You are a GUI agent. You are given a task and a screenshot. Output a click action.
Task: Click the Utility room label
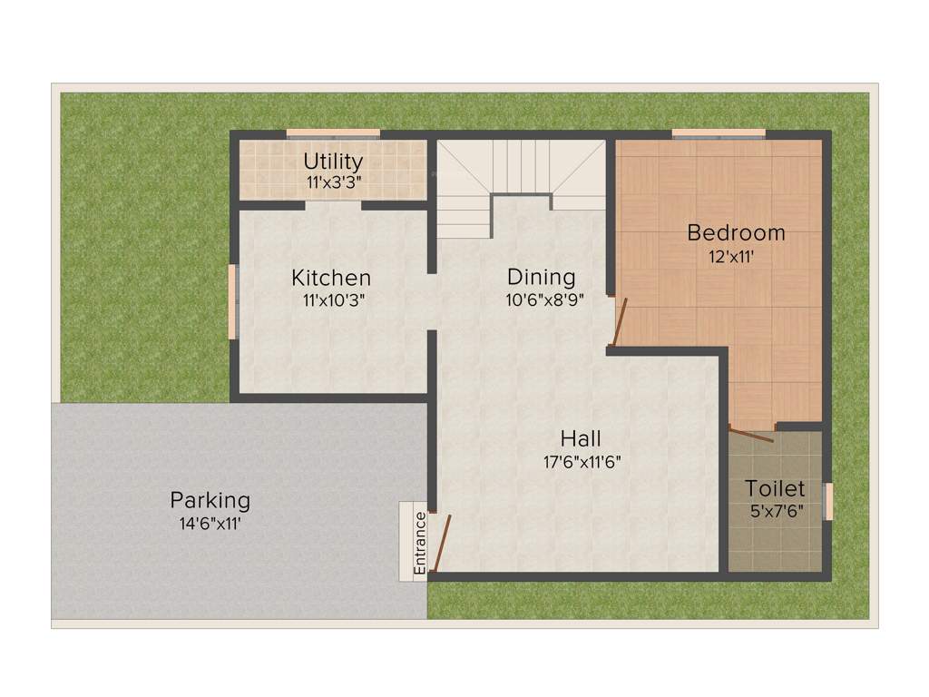tap(333, 162)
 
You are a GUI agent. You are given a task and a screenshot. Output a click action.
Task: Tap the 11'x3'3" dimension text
tap(333, 182)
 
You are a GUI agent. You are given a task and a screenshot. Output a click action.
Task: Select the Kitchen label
tap(330, 278)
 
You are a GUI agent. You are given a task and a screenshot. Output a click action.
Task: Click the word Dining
tap(541, 277)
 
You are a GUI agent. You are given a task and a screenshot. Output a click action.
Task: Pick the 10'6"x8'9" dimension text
tap(544, 299)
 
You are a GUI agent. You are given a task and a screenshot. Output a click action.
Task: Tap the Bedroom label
tap(736, 233)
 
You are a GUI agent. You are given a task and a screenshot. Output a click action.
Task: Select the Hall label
tap(581, 438)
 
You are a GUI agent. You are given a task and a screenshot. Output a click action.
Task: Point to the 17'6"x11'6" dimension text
tap(581, 461)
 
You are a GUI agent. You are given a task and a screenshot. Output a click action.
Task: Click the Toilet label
tap(775, 489)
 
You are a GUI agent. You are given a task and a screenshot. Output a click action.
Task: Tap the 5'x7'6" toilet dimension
tap(777, 511)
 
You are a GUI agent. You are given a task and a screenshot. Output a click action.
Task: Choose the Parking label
tap(210, 500)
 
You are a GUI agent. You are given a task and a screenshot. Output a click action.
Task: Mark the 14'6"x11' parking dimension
tap(210, 523)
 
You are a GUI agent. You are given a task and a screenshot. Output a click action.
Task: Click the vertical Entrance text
tap(419, 543)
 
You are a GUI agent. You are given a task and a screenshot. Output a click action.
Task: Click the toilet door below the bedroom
tap(751, 433)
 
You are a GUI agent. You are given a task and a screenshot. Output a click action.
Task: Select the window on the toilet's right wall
tap(827, 501)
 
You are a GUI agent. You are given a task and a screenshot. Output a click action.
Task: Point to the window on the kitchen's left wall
tap(232, 301)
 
